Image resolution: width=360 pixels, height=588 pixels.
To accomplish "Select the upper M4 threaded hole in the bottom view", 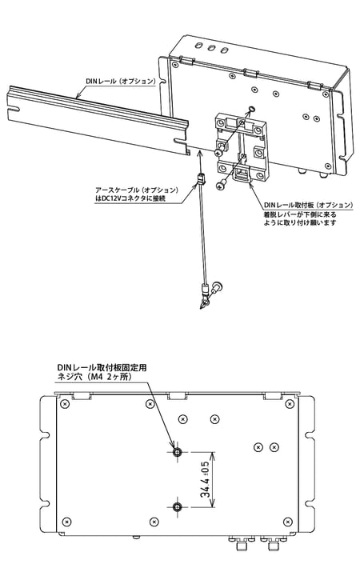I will click(x=177, y=452).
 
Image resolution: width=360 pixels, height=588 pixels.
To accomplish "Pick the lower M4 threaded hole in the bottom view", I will click(x=177, y=504).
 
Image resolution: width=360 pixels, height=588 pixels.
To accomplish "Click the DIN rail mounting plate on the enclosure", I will click(x=243, y=144).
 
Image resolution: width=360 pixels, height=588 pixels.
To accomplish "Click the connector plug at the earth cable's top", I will click(x=198, y=180).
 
